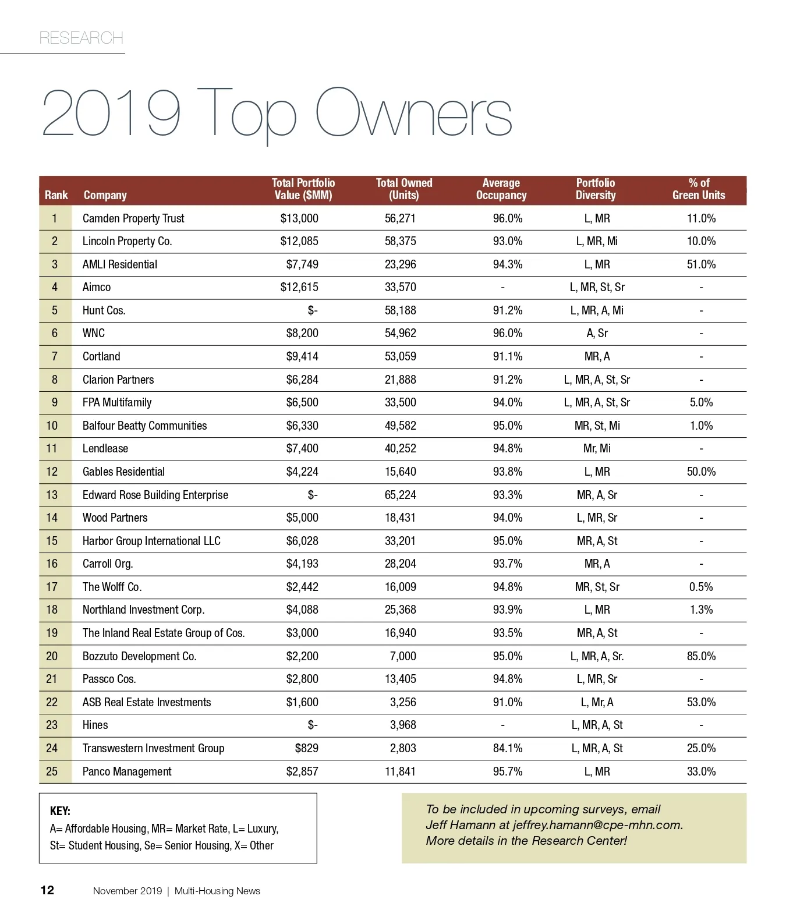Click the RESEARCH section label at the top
coord(81,38)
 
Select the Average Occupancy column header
coord(501,189)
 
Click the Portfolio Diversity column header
coord(595,189)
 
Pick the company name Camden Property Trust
coord(133,218)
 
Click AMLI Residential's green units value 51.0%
coord(701,264)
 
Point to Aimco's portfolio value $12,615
coord(299,287)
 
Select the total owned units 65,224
coord(400,495)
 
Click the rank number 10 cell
coord(52,426)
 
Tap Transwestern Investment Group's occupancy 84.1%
coord(508,748)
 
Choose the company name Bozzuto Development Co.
coord(139,656)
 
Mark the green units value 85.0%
coord(701,656)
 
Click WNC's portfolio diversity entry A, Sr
coord(597,333)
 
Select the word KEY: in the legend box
coord(60,811)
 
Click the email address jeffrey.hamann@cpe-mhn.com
coord(597,825)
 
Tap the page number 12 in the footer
coord(47,890)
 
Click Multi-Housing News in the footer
coord(217,891)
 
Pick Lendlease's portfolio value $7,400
coord(302,448)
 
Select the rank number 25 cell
coord(52,771)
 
